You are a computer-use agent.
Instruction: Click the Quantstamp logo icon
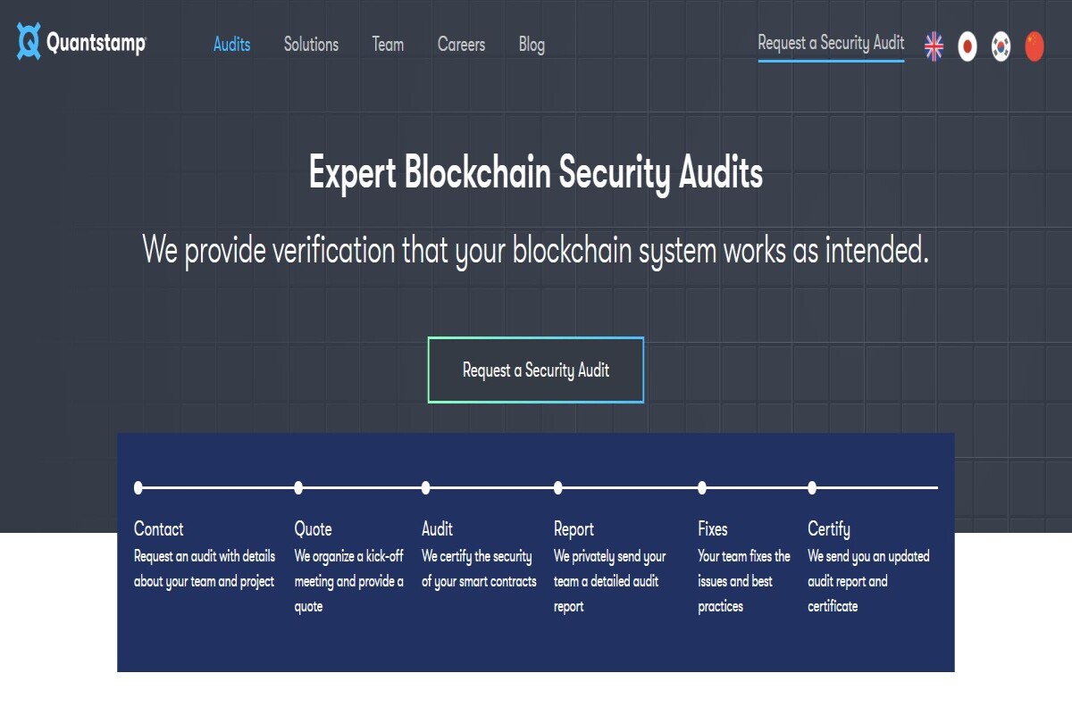29,42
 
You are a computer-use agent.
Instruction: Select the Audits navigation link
231,45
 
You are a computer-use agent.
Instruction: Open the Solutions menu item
311,45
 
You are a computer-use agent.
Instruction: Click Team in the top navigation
388,45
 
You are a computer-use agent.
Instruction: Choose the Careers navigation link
461,45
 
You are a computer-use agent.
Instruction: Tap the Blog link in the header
532,45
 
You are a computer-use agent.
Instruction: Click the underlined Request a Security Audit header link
832,43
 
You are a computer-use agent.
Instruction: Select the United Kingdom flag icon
934,46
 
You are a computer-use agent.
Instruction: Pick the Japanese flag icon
967,46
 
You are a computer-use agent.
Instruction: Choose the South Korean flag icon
1001,46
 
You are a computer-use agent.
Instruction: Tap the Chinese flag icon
1034,46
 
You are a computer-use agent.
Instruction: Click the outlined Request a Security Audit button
536,370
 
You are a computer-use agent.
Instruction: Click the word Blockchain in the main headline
477,172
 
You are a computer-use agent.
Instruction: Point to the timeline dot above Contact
138,487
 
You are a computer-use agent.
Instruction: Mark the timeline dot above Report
558,487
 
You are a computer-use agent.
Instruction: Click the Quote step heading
313,529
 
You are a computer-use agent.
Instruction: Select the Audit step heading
437,528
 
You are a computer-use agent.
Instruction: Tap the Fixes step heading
713,528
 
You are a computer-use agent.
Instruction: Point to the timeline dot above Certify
812,487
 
